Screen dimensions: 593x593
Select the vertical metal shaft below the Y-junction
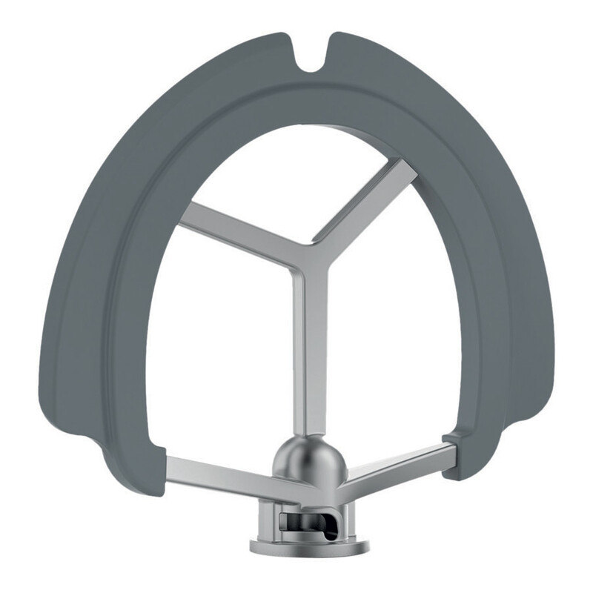pyautogui.click(x=311, y=356)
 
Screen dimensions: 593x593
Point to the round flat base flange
pyautogui.click(x=309, y=548)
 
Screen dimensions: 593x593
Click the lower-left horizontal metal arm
pyautogui.click(x=222, y=474)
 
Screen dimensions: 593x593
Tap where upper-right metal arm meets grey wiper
pyautogui.click(x=408, y=166)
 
